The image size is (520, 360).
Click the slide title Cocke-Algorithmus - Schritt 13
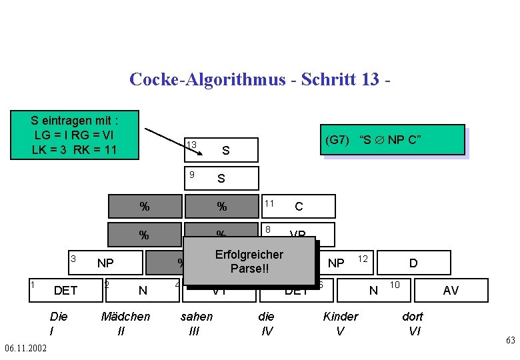pyautogui.click(x=259, y=79)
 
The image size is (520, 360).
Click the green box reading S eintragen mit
pyautogui.click(x=75, y=135)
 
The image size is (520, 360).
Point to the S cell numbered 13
pyautogui.click(x=220, y=151)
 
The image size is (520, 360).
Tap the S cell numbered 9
pyautogui.click(x=220, y=178)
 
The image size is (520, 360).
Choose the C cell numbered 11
pyautogui.click(x=298, y=207)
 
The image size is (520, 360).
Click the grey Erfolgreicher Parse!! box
pyautogui.click(x=249, y=261)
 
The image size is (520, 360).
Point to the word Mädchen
pyautogui.click(x=125, y=316)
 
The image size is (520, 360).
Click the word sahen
pyautogui.click(x=197, y=316)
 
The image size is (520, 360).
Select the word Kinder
pyautogui.click(x=340, y=316)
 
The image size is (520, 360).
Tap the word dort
pyautogui.click(x=414, y=316)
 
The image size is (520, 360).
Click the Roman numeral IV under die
pyautogui.click(x=267, y=330)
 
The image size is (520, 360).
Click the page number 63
pyautogui.click(x=510, y=341)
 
